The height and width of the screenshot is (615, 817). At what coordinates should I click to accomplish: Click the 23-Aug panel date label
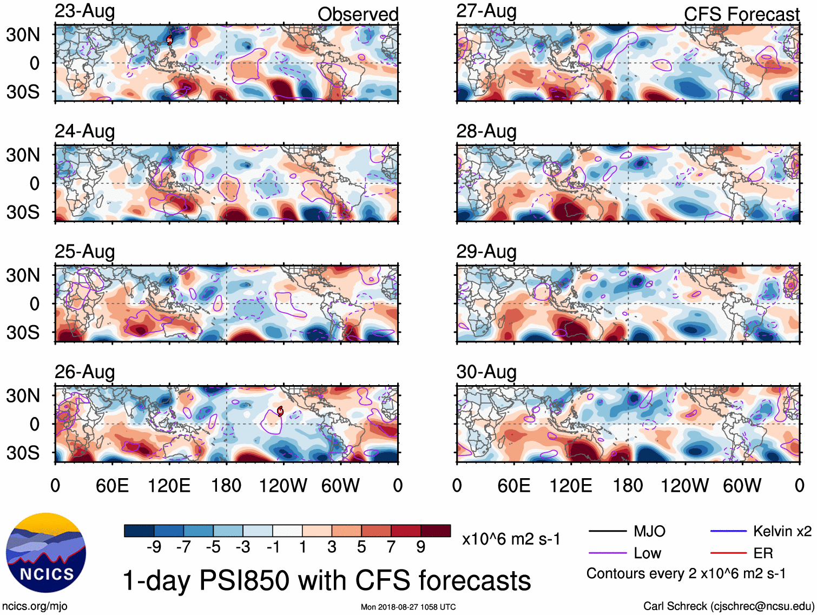pos(85,11)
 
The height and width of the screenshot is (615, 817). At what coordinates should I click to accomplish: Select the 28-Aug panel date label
pos(486,131)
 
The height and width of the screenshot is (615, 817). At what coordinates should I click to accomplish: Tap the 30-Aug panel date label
pos(486,372)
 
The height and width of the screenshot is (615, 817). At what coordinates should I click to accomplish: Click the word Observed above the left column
pos(358,14)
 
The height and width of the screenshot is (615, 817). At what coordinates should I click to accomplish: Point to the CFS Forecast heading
pos(741,14)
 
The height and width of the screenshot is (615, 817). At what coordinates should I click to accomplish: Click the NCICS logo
pos(46,552)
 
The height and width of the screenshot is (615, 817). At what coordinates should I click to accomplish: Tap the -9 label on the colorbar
pos(154,547)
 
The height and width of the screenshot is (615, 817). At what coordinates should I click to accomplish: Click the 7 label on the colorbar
pos(391,547)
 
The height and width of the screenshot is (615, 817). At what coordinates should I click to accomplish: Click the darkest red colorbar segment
pos(436,531)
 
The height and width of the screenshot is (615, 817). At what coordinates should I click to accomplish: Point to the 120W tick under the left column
pos(283,486)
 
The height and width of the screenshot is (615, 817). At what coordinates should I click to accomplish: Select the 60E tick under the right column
pos(513,486)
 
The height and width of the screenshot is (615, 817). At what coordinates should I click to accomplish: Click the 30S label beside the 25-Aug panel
pos(23,332)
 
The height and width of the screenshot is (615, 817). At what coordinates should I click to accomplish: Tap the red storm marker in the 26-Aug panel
pos(280,411)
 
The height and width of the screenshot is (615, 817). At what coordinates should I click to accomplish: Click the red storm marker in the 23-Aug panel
pos(169,39)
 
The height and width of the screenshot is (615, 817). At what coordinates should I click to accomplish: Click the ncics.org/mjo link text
pos(35,606)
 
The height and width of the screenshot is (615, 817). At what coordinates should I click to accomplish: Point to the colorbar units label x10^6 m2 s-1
pos(511,539)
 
